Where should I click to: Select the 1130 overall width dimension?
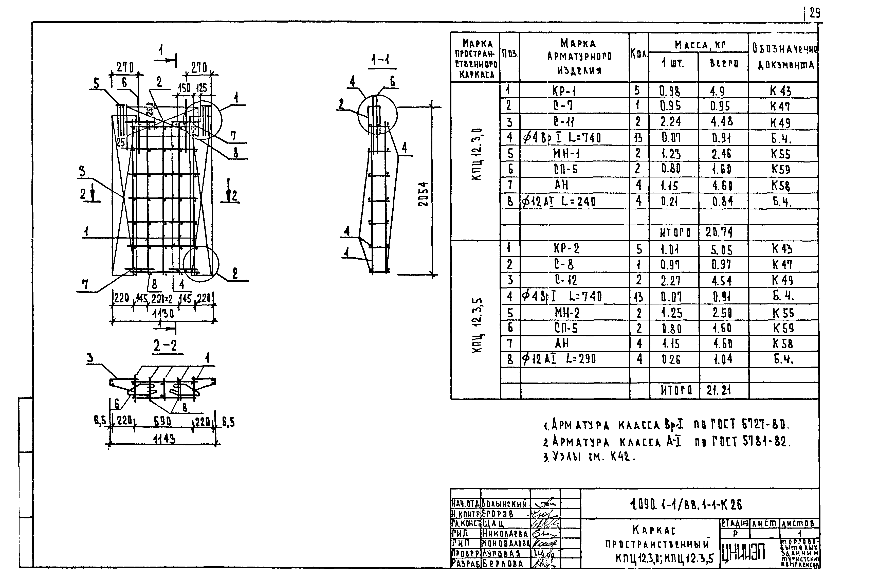163,314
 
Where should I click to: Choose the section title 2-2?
165,346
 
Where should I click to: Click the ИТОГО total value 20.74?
719,232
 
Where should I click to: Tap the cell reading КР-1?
564,91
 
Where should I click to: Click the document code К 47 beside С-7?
781,106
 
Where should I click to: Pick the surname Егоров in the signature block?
498,514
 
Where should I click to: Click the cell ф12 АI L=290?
559,359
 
